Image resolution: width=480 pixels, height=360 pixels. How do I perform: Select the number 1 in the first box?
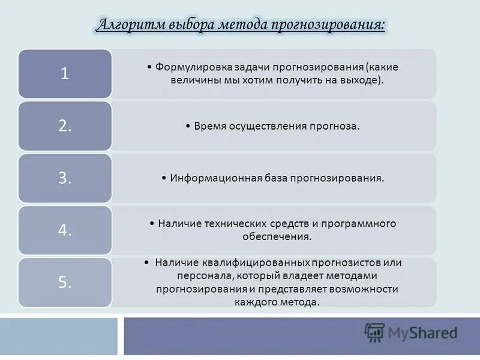[64, 73]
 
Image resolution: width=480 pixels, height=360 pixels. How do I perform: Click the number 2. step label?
[65, 126]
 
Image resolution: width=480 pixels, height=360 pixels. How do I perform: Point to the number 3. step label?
[65, 178]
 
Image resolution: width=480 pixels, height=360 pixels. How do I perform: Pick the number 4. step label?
[65, 230]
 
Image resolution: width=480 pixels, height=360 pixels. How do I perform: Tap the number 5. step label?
[65, 283]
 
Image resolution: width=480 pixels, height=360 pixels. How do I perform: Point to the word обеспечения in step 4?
[281, 236]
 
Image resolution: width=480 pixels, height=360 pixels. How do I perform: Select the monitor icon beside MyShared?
[374, 332]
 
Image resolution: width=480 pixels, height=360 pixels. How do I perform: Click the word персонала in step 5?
[202, 276]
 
